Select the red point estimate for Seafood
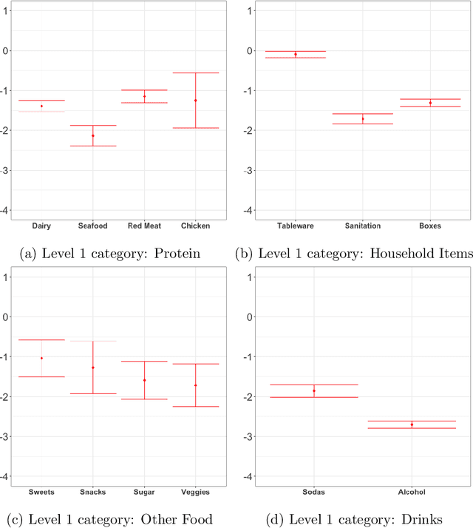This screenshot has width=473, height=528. point(92,135)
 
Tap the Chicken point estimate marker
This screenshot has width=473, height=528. point(195,100)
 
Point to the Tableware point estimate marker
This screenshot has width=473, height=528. point(295,54)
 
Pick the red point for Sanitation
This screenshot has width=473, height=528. point(362,118)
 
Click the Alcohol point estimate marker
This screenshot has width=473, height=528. point(412,424)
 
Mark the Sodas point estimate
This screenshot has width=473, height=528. point(314,390)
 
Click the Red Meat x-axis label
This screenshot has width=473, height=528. point(144,226)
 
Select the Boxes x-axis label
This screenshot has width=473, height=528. point(429,226)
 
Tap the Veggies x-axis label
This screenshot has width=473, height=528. point(195,492)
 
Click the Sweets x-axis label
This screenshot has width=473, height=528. point(41,492)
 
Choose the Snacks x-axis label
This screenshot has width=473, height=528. point(92,492)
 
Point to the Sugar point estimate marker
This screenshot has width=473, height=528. point(144,380)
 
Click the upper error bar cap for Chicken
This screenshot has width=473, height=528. point(195,72)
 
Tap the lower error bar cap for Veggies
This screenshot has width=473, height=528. point(195,406)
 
